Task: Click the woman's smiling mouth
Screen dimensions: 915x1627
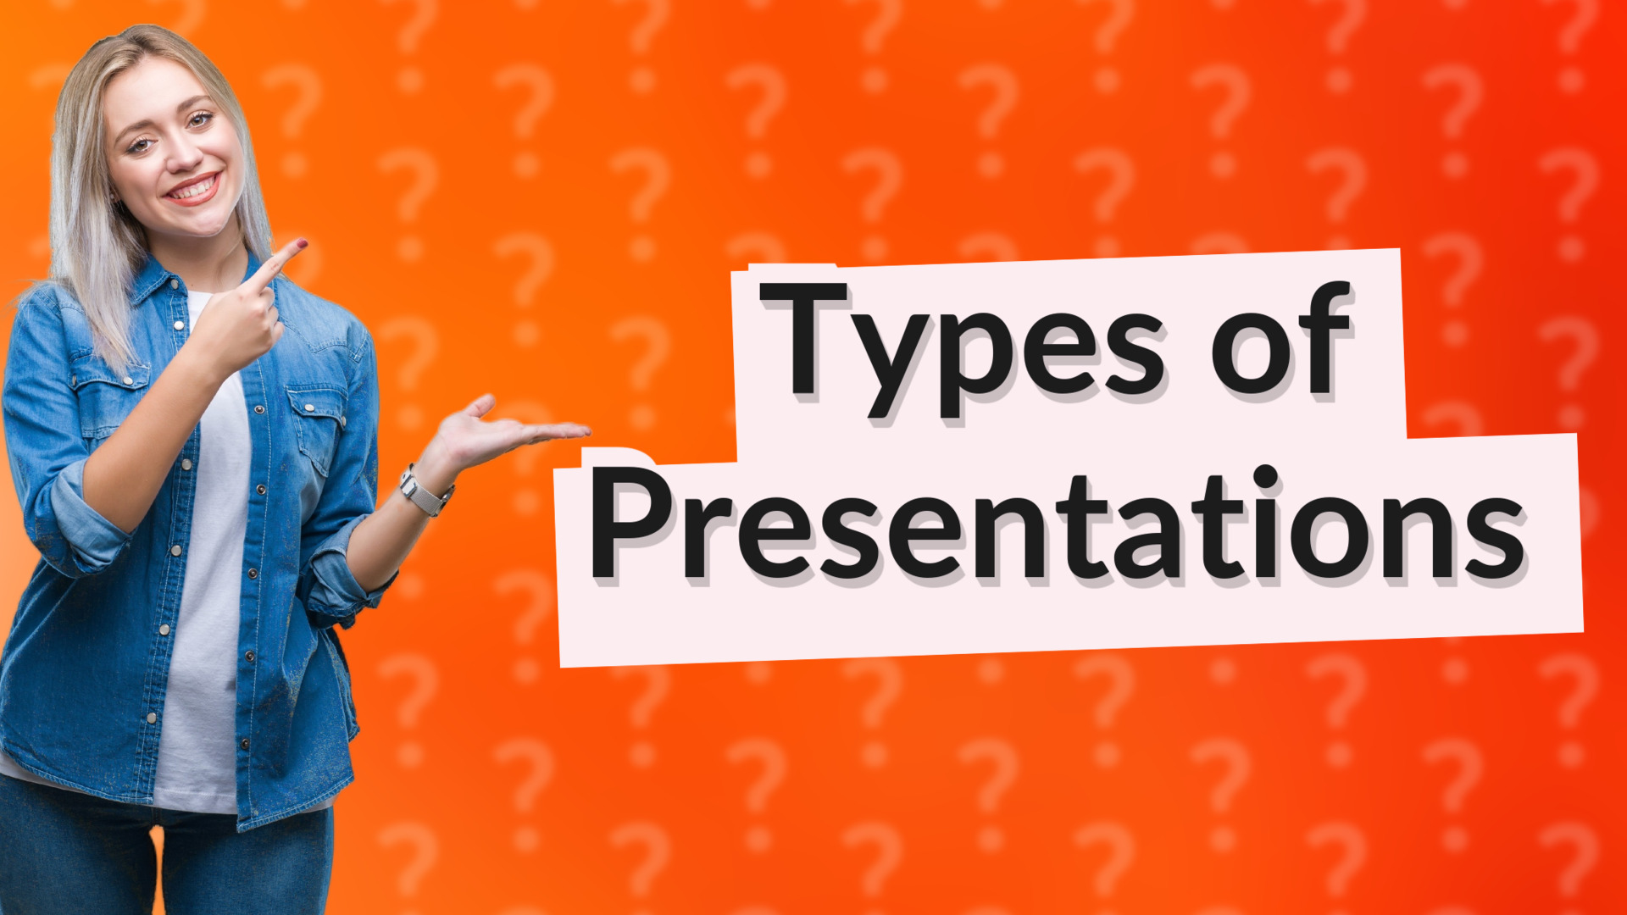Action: (194, 189)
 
